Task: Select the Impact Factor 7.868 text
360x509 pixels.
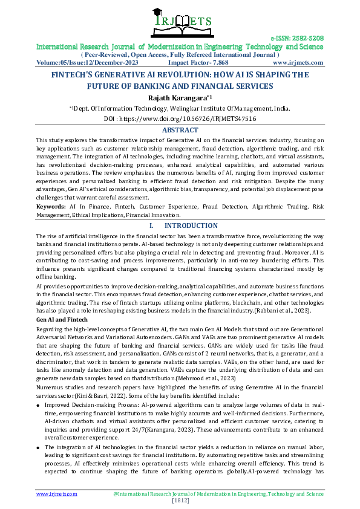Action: coord(198,62)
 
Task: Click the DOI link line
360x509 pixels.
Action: coord(180,119)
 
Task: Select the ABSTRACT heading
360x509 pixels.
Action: coord(180,130)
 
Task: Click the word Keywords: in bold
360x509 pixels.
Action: coord(51,207)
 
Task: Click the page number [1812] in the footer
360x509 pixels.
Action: coord(180,501)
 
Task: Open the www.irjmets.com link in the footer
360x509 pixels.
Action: coord(57,494)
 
